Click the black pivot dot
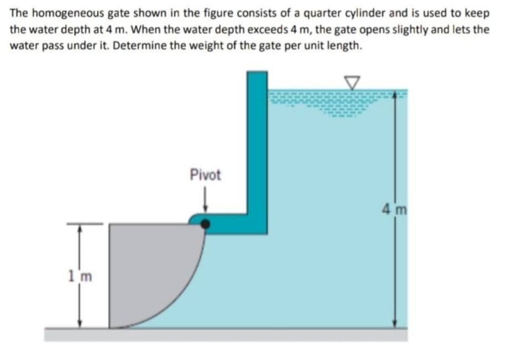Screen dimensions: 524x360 [205, 223]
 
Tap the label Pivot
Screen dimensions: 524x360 [205, 175]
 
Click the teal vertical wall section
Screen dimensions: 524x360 [257, 144]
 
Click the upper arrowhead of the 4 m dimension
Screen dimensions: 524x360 [394, 95]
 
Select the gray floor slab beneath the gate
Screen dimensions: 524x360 [221, 334]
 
